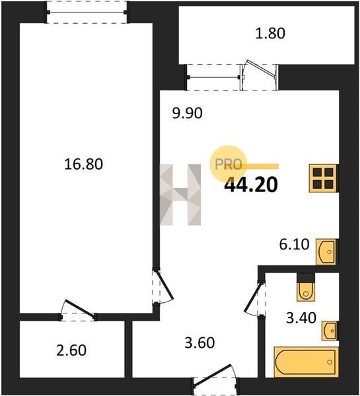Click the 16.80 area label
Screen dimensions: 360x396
[x=83, y=164]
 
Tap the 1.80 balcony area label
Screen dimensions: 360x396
[x=270, y=33]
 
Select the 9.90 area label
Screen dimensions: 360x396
[x=187, y=113]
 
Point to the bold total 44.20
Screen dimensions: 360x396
[x=251, y=184]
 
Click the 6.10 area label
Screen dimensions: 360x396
[x=294, y=244]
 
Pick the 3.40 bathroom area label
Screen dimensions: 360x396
[x=301, y=317]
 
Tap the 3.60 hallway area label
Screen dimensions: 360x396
[x=199, y=343]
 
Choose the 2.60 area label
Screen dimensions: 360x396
[x=71, y=350]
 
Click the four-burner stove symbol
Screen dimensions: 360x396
[x=324, y=178]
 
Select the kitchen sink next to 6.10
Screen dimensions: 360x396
[x=327, y=252]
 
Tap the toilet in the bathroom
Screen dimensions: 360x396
[x=306, y=290]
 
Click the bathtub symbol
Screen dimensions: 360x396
[x=306, y=362]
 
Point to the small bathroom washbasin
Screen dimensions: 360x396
[x=330, y=331]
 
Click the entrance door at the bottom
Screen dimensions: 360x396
[x=215, y=379]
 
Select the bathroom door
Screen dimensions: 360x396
[x=255, y=298]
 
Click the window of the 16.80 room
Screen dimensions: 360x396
[x=87, y=12]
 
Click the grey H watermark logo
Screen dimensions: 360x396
[x=180, y=195]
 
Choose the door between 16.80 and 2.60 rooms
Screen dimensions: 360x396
[x=77, y=311]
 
